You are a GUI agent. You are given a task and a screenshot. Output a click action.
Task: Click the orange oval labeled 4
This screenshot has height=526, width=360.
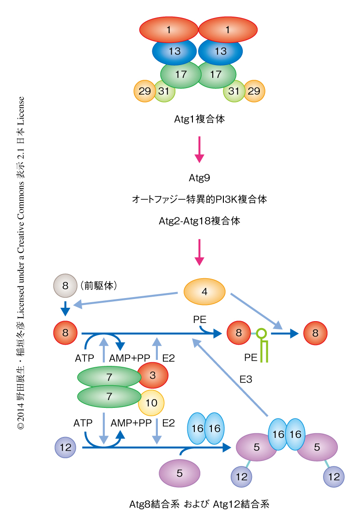(204, 292)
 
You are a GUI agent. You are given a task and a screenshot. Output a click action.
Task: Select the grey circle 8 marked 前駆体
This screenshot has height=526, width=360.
(66, 286)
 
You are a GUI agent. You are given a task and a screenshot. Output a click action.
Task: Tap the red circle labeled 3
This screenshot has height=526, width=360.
(152, 375)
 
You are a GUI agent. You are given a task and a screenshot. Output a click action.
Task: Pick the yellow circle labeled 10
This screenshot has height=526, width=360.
(151, 402)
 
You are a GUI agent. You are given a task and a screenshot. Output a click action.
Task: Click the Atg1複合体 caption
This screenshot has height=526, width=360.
(199, 119)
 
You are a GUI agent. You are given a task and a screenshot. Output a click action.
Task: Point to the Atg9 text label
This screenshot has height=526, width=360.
(199, 177)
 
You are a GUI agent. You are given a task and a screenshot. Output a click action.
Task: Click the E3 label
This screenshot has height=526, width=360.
(246, 380)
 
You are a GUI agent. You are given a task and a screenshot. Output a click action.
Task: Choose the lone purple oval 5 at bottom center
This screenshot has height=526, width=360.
(180, 472)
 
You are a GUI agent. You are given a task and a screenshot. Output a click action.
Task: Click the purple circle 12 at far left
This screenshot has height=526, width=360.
(65, 447)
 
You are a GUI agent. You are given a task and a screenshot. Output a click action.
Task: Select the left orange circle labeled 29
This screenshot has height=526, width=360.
(144, 91)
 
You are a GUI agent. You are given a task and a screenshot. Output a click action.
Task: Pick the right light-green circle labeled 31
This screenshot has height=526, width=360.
(234, 91)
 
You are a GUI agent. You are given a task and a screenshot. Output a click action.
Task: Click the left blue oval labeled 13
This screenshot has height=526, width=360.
(174, 52)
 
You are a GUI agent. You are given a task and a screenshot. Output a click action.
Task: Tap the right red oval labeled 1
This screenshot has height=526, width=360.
(228, 30)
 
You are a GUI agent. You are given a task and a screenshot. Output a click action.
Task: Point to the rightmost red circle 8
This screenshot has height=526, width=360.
(315, 333)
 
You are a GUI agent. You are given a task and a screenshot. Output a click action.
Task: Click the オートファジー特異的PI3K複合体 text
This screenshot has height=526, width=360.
(199, 199)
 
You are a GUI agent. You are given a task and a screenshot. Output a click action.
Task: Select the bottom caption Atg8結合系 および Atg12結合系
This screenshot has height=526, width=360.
(199, 504)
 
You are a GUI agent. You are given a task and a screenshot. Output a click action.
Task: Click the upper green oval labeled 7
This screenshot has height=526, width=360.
(109, 377)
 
